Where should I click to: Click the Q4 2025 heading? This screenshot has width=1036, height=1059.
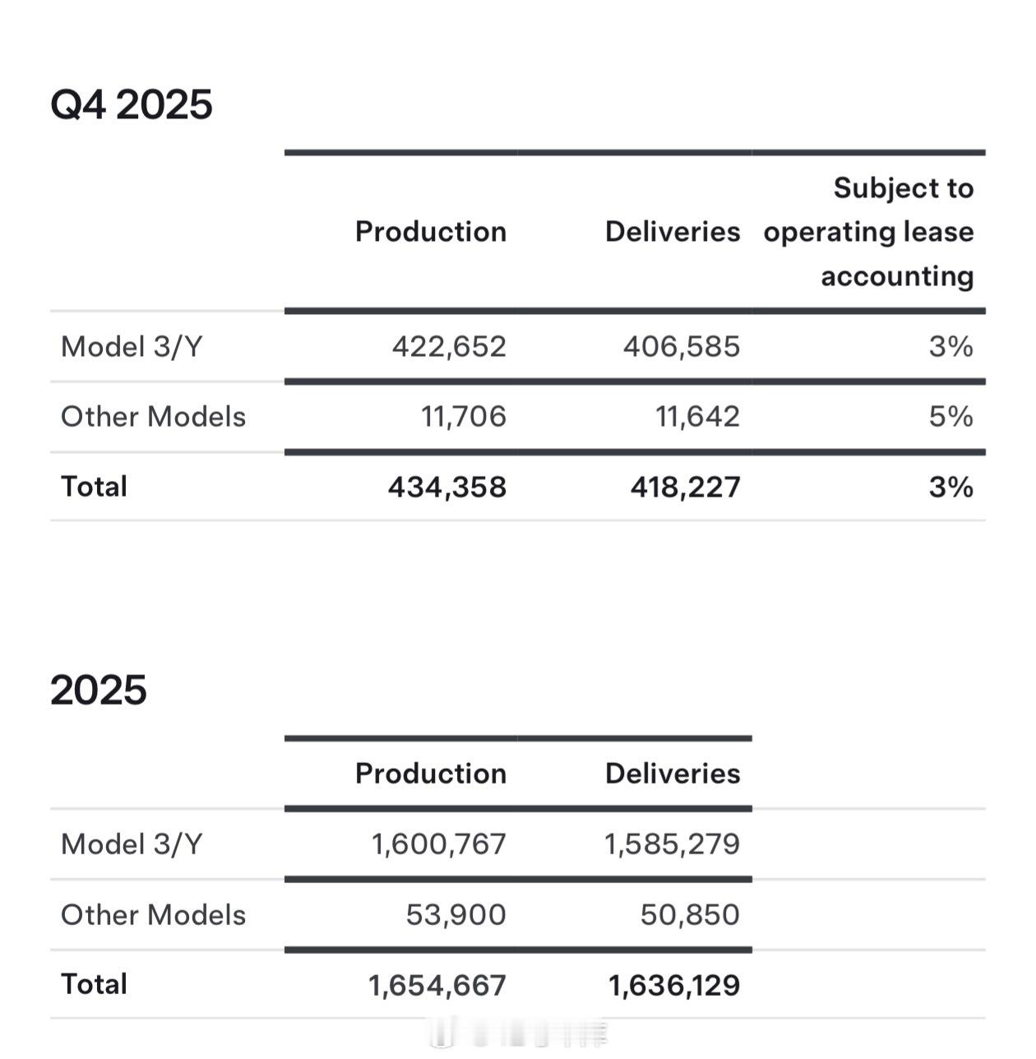(x=132, y=104)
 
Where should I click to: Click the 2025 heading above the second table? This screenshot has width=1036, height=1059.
(x=99, y=690)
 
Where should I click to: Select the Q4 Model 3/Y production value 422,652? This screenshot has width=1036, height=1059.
(x=449, y=346)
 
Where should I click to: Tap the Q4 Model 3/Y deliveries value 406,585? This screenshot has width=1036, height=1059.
(x=682, y=346)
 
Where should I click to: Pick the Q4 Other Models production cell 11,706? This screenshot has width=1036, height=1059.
(x=464, y=416)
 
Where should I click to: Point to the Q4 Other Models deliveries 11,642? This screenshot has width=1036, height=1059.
(x=697, y=416)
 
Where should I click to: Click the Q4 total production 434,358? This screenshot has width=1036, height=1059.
(x=447, y=487)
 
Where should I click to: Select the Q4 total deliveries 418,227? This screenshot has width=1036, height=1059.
(x=685, y=487)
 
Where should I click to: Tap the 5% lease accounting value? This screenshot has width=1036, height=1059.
(x=951, y=416)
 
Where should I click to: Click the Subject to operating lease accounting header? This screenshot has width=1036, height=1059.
(x=869, y=232)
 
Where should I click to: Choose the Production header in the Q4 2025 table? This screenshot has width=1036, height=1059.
(x=431, y=232)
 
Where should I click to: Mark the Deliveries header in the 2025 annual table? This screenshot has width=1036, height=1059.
(x=673, y=774)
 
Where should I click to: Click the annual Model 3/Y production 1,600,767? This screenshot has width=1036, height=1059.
(x=439, y=844)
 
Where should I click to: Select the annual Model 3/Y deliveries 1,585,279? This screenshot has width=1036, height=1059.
(x=673, y=844)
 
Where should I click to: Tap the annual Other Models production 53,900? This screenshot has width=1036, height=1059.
(x=456, y=914)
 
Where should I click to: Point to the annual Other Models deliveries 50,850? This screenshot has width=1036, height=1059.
(x=690, y=914)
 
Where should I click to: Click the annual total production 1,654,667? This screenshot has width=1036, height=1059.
(x=437, y=985)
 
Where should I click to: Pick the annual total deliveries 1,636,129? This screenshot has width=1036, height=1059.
(x=674, y=985)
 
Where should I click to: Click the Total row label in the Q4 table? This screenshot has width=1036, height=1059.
(x=95, y=487)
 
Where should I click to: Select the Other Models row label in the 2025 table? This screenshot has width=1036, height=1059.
(x=154, y=914)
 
